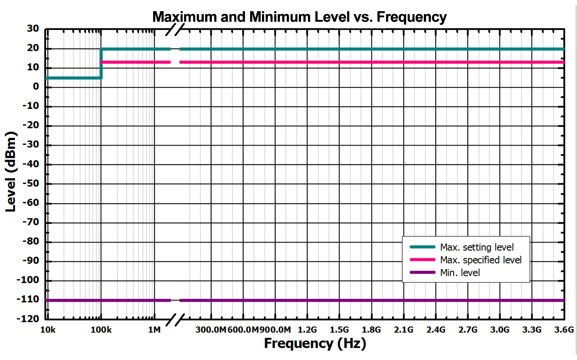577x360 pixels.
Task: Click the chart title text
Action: coord(299,17)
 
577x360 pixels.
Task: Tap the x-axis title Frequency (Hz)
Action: coord(315,343)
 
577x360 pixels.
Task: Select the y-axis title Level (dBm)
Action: coord(11,172)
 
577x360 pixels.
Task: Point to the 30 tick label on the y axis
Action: coord(33,29)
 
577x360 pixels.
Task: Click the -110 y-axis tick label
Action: coord(28,299)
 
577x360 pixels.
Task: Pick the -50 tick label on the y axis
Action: coord(31,183)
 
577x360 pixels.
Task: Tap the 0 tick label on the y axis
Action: coord(36,87)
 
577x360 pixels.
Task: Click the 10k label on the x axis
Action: coord(48,330)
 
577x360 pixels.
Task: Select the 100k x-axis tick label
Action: coord(101,330)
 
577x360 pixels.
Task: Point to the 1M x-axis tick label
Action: coord(154,330)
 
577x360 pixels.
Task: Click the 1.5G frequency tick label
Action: coord(339,330)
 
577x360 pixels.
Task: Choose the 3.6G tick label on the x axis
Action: coord(564,330)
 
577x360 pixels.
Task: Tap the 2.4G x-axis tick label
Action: coord(436,330)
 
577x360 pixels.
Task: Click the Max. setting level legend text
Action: coord(477,247)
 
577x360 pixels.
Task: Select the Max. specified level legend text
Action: coord(481,260)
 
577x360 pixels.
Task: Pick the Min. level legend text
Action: coord(460,272)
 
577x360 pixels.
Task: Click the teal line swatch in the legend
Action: coord(422,247)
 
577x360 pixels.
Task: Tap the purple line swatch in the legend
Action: coord(422,272)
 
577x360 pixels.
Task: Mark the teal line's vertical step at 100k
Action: coord(101,63)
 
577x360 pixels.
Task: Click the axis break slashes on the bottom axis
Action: coord(175,320)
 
